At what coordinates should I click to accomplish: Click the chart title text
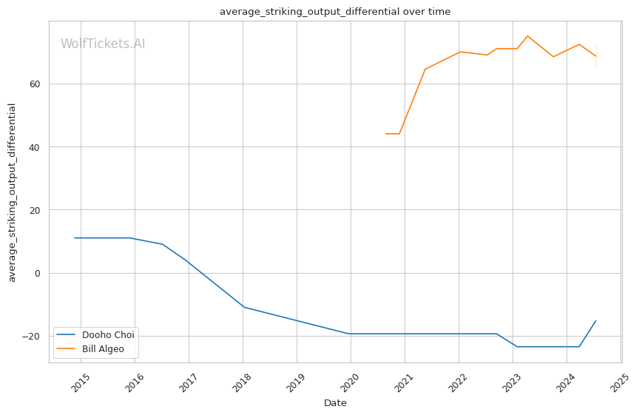(335, 12)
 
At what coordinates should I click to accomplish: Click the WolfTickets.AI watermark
(103, 44)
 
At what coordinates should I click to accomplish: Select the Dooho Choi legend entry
(108, 335)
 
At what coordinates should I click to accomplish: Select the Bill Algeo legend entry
(102, 348)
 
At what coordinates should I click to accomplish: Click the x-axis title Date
(335, 403)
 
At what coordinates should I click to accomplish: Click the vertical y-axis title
(12, 192)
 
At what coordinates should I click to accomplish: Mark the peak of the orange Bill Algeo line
(527, 36)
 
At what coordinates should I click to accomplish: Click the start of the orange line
(386, 134)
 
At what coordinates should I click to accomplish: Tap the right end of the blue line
(596, 320)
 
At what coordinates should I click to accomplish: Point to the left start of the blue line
(74, 237)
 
